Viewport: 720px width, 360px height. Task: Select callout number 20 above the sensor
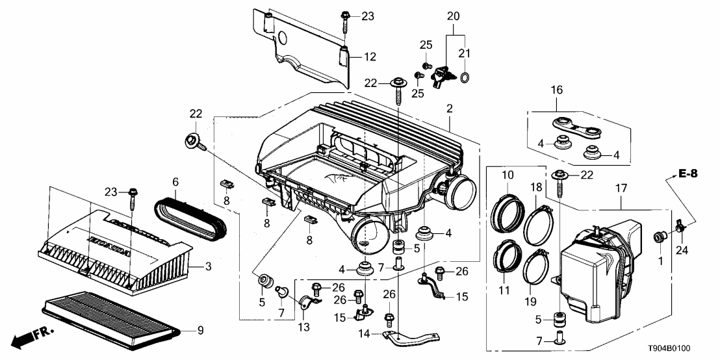tap(453, 15)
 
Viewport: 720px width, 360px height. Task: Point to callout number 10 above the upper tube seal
tap(507, 174)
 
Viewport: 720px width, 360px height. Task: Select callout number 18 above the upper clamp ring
tap(537, 187)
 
